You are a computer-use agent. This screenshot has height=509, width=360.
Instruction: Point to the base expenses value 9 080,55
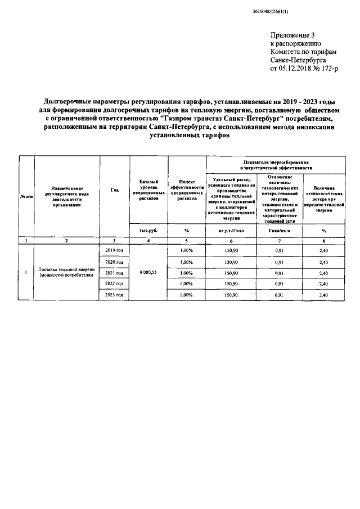click(x=148, y=272)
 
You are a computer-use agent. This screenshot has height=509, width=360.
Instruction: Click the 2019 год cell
click(x=114, y=250)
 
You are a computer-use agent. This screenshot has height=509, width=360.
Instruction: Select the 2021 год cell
click(x=114, y=273)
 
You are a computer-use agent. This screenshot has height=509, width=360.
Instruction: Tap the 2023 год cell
click(x=114, y=295)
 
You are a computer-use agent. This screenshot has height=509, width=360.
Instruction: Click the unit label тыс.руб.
click(x=148, y=229)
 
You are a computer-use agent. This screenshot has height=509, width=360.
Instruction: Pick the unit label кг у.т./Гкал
click(x=232, y=229)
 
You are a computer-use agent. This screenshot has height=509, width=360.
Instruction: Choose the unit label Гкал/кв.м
click(x=280, y=229)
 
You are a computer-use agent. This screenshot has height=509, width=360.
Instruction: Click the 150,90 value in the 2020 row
click(x=232, y=262)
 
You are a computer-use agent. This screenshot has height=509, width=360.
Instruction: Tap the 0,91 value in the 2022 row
click(x=280, y=284)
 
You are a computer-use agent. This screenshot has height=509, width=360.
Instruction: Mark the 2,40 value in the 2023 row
click(x=324, y=295)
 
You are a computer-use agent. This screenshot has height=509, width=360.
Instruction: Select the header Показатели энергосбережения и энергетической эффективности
click(x=276, y=164)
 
